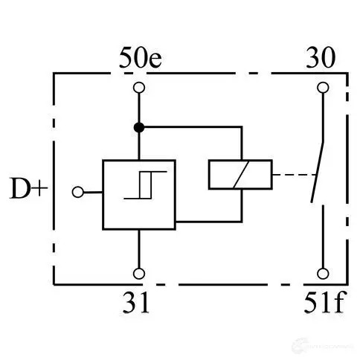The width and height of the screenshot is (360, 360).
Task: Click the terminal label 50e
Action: tap(141, 57)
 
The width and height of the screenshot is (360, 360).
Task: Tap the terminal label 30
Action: tap(321, 57)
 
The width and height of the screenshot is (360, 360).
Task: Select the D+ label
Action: tap(28, 188)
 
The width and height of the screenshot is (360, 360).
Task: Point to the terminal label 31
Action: tap(136, 303)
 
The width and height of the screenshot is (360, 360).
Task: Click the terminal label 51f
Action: tap(324, 302)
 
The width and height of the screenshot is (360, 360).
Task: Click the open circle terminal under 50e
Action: tap(139, 88)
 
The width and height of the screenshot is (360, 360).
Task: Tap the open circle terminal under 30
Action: tap(323, 88)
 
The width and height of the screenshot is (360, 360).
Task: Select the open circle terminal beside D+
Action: tap(78, 192)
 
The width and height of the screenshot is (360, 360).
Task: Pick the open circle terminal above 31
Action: tap(139, 274)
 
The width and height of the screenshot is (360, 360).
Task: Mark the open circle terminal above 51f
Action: tap(323, 274)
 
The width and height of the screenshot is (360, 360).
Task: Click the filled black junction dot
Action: tap(139, 127)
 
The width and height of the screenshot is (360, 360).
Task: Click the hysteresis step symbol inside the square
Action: tap(145, 185)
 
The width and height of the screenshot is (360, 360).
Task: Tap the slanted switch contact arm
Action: tap(318, 172)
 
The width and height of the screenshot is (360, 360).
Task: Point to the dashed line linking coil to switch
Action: tap(294, 175)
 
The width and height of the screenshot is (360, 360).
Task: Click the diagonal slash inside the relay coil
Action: tap(241, 175)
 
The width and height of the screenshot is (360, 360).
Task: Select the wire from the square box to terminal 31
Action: tap(139, 248)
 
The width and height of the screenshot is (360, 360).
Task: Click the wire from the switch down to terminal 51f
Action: tap(323, 237)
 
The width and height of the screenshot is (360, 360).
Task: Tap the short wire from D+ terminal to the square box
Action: tap(93, 192)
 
